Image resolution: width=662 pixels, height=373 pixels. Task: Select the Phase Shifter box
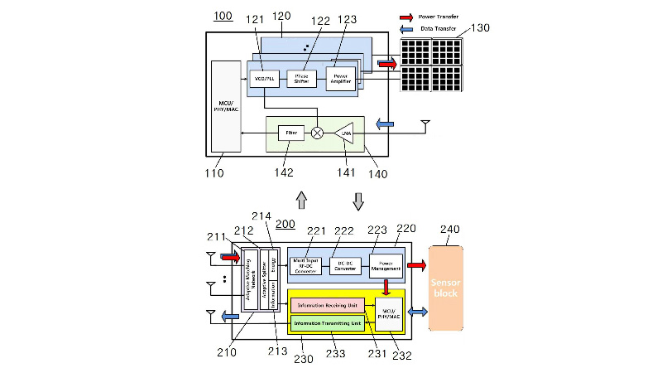(x=302, y=79)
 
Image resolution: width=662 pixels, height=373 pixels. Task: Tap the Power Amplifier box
(x=341, y=79)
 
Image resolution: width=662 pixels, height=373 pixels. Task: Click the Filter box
(x=290, y=133)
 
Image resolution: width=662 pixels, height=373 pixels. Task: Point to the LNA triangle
(x=344, y=133)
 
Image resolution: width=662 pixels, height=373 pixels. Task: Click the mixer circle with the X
(x=318, y=133)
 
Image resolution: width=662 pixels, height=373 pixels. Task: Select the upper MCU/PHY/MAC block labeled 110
(x=224, y=106)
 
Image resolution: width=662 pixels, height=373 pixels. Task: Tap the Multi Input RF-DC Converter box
(x=304, y=266)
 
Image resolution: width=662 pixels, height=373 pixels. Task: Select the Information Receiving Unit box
(x=328, y=305)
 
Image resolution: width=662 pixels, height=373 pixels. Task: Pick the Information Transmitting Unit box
(x=328, y=322)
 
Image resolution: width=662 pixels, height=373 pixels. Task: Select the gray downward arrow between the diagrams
(x=358, y=200)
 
